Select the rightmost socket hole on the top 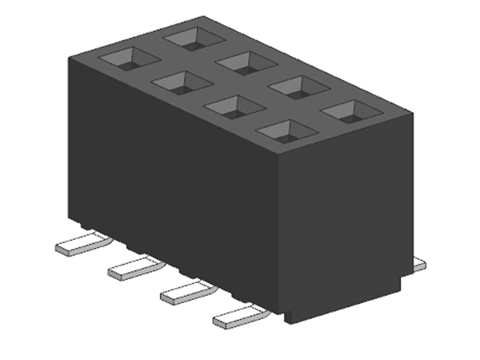[x=352, y=111]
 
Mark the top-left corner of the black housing [x=69, y=57]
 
